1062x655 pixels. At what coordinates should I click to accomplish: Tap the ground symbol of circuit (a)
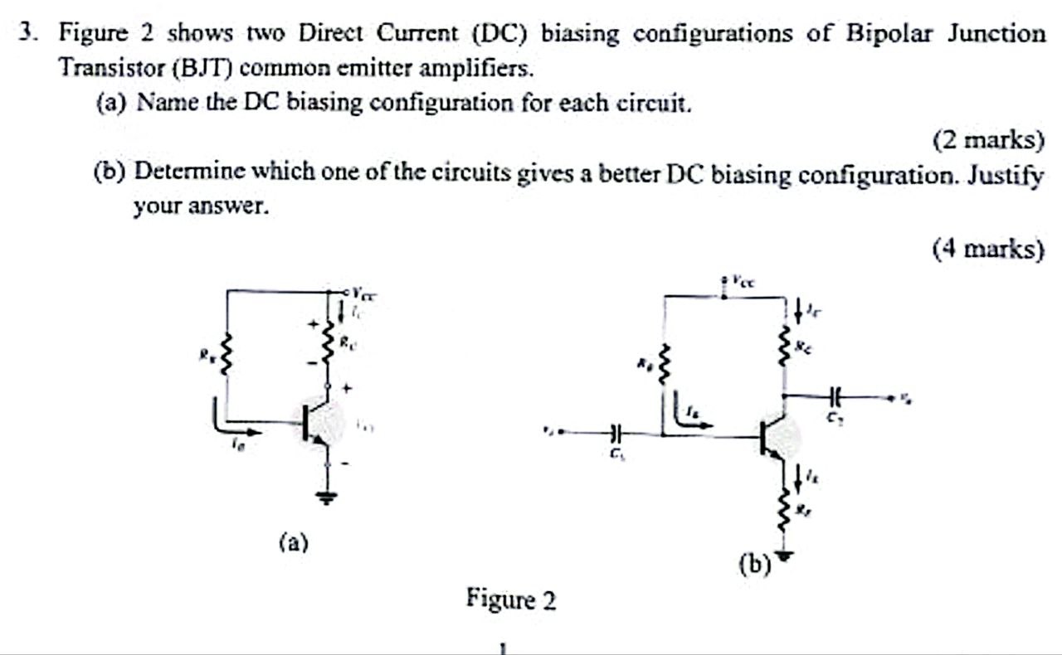click(329, 497)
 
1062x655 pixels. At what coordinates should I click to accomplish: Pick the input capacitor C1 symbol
click(615, 432)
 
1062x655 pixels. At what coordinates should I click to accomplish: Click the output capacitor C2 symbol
click(834, 396)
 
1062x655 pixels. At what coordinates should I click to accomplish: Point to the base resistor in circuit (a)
click(222, 358)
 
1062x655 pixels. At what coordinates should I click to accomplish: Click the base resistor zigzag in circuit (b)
click(663, 365)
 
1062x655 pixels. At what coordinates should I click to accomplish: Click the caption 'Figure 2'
click(511, 599)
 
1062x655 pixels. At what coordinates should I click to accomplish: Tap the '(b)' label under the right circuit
click(754, 565)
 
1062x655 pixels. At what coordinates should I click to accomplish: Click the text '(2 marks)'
click(987, 140)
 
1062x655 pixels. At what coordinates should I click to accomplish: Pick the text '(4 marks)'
click(987, 248)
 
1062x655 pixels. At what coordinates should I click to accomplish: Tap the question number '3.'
click(30, 33)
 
